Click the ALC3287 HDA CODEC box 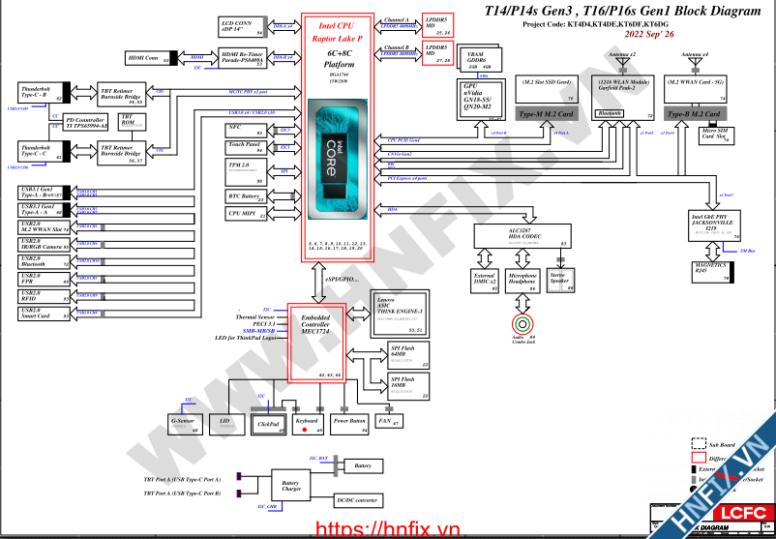tap(522, 236)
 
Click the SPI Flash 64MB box tap(407, 354)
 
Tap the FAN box tap(389, 422)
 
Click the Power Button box tap(349, 422)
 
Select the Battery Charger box tap(291, 486)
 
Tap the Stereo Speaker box tap(559, 279)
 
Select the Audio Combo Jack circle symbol tap(522, 322)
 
